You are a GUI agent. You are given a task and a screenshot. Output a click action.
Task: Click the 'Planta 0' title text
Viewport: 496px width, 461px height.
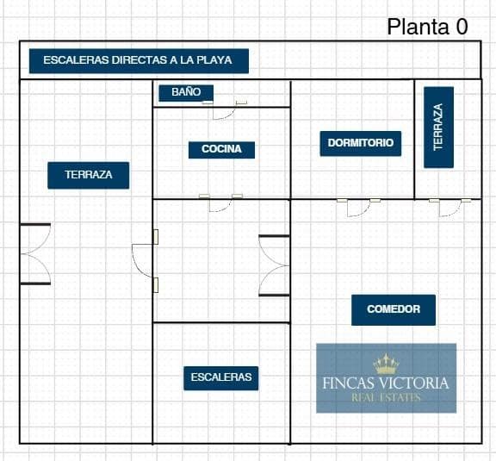[x=427, y=27]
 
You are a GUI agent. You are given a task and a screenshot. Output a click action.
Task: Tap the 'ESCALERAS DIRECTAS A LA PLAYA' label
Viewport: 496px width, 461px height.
[x=139, y=61]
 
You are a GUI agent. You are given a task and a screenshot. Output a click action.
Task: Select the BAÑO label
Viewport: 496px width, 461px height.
[x=186, y=93]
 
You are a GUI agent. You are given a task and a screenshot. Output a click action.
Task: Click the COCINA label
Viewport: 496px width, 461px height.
[x=221, y=149]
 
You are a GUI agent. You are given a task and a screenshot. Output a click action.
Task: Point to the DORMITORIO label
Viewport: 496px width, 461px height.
[x=361, y=143]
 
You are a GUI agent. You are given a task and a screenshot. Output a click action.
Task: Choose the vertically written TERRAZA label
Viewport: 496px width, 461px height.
[x=439, y=127]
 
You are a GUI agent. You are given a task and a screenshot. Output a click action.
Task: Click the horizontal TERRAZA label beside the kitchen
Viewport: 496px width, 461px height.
[x=88, y=175]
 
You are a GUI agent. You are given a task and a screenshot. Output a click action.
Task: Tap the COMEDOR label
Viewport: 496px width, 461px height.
[x=394, y=309]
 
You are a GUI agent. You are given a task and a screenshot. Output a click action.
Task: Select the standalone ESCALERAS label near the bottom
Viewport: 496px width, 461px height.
[x=221, y=378]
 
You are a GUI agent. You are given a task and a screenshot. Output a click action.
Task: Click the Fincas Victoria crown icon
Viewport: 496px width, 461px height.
[x=386, y=364]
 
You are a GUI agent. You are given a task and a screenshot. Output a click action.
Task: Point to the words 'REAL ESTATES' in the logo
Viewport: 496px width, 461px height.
[x=386, y=398]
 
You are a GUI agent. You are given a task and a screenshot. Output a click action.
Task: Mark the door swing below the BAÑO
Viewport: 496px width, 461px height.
[x=224, y=110]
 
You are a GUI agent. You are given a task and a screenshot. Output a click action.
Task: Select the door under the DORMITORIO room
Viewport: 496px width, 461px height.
[x=358, y=208]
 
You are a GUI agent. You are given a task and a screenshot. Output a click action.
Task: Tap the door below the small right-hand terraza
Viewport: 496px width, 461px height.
[x=449, y=208]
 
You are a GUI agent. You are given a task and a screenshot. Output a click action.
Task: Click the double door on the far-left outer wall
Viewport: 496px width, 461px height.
[x=35, y=254]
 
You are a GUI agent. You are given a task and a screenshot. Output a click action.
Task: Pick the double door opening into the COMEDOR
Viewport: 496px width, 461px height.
[x=274, y=265]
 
